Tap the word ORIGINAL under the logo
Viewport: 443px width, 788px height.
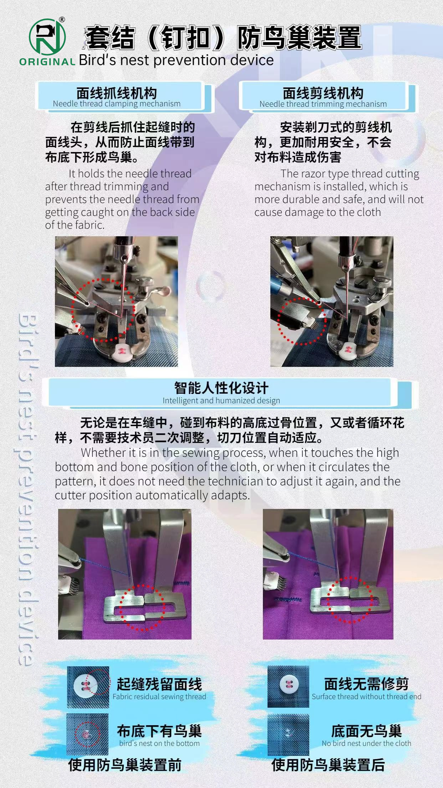coord(47,61)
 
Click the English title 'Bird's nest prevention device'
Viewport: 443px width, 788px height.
coord(176,60)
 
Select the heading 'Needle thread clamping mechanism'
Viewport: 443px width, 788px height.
coord(117,104)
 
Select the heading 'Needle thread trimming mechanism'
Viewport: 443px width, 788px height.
coord(323,104)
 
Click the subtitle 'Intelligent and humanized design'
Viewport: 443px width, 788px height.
coord(221,400)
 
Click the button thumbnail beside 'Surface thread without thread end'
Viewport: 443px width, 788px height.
coord(288,686)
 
